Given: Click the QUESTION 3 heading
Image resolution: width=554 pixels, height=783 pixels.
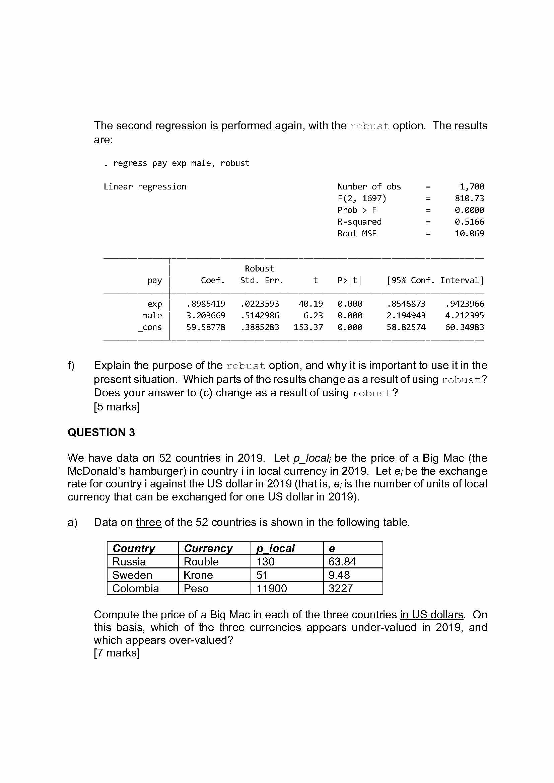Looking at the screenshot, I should click(x=101, y=433).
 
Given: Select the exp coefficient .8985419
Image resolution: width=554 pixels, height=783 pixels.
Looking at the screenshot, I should click(x=206, y=304).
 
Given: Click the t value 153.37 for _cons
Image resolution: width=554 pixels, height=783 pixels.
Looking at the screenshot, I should click(x=308, y=327).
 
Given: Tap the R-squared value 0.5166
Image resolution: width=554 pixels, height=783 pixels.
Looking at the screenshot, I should click(x=469, y=222).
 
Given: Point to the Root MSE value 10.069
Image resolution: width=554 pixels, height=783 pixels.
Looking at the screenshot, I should click(x=469, y=234).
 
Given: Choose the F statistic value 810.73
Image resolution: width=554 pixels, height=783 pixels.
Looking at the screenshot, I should click(x=469, y=199).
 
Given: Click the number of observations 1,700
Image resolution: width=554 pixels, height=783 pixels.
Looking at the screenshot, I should click(x=472, y=187).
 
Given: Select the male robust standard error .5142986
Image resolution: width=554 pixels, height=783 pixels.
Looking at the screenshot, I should click(x=260, y=316).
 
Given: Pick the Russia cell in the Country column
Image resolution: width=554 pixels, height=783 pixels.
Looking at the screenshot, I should click(x=129, y=562).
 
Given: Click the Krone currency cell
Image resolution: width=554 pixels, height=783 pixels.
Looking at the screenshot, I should click(x=198, y=575).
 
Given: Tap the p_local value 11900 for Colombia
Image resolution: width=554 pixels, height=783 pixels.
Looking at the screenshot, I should click(x=272, y=588).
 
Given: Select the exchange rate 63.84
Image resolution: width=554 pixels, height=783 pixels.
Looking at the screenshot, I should click(x=342, y=562).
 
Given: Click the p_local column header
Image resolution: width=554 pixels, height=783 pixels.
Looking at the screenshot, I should click(x=275, y=548).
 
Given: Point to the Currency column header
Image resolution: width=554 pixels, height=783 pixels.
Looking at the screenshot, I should click(x=208, y=548).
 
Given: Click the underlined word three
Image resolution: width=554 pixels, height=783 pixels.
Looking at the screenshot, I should click(x=148, y=523).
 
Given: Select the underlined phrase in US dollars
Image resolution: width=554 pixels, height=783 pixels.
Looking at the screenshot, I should click(x=431, y=615).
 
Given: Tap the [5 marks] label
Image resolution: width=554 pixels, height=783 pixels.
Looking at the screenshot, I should click(x=117, y=407).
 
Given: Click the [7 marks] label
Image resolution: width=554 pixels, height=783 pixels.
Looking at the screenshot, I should click(x=117, y=653).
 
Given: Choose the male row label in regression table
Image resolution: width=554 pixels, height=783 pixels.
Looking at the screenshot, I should click(x=152, y=316).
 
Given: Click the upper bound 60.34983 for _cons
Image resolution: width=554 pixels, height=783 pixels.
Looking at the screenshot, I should click(x=464, y=327).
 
